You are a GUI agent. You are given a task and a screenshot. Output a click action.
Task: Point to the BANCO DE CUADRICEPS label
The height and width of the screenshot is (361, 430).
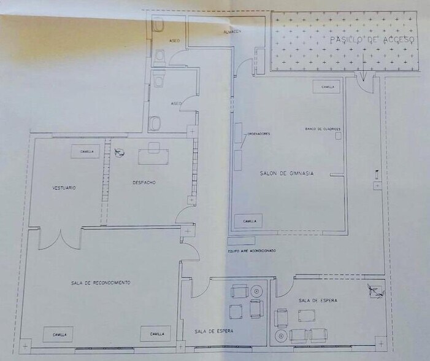(x=322, y=129)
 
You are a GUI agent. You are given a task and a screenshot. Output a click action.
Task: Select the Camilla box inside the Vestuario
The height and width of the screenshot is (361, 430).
(x=85, y=151)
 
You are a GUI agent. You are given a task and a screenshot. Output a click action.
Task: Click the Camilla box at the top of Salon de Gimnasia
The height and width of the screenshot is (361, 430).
(x=328, y=87)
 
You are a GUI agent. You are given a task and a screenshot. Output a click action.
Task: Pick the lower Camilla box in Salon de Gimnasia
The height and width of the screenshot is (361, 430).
(x=249, y=221)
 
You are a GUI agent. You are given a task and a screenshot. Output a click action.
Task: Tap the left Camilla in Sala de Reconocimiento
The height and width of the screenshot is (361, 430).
(x=58, y=334)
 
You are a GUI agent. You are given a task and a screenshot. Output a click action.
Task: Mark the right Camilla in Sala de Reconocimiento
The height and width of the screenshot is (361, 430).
(x=156, y=334)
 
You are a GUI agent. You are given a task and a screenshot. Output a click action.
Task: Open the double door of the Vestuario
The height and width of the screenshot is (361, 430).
(x=60, y=238)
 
